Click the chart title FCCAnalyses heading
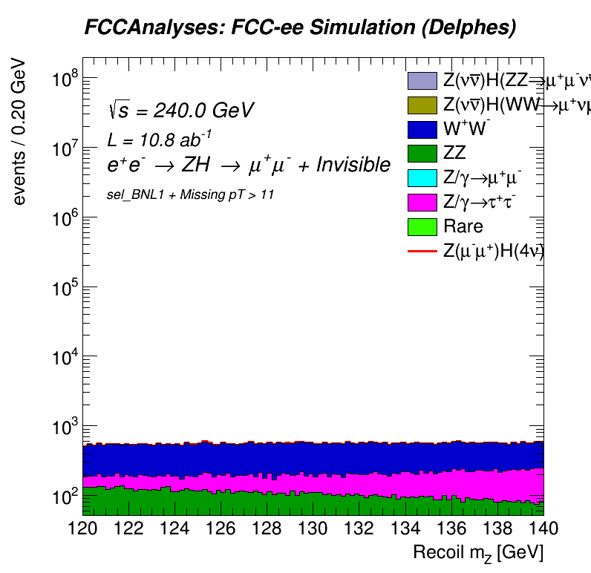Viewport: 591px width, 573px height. (299, 28)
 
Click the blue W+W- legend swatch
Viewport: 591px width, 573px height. (422, 129)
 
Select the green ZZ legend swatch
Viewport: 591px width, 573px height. (422, 154)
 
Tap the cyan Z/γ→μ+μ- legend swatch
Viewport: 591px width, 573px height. (422, 177)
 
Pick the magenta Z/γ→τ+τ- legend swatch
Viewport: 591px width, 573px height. (422, 202)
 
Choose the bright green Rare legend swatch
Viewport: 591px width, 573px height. (422, 226)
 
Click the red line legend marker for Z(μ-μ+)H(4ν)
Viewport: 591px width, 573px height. (422, 251)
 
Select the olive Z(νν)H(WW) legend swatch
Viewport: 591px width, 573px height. (422, 105)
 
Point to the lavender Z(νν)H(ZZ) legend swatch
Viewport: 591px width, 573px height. (422, 81)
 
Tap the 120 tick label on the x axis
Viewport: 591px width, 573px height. (83, 528)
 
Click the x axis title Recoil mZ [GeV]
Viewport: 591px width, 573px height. (478, 553)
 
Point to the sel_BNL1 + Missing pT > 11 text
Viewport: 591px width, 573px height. (192, 194)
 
